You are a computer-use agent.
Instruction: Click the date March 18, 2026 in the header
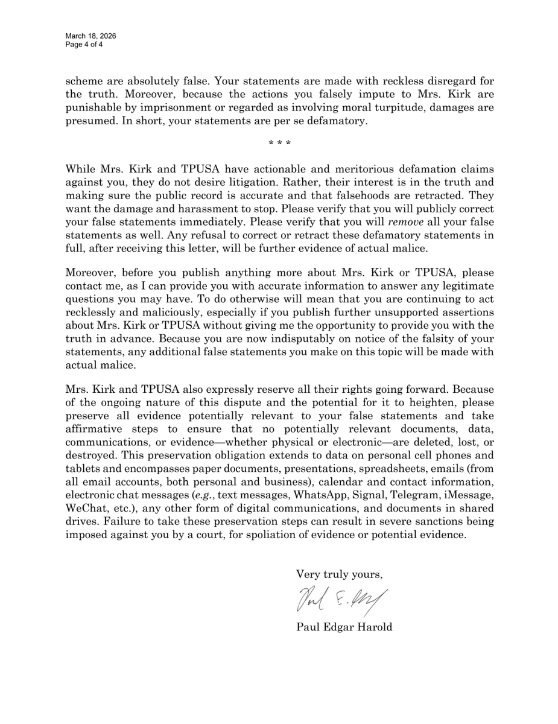91,36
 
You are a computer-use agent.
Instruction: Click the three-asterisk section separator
279,143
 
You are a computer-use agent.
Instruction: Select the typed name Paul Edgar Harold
344,627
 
